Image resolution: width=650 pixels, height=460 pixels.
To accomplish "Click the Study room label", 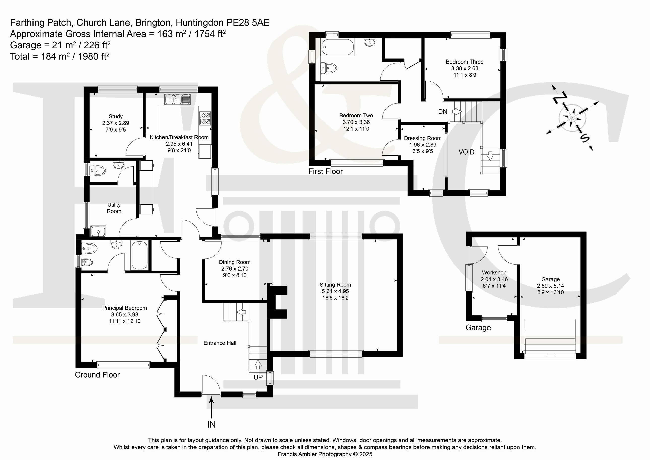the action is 115,116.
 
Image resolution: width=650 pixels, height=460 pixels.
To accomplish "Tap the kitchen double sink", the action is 178,99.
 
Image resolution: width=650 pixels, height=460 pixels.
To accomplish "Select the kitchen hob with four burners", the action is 205,118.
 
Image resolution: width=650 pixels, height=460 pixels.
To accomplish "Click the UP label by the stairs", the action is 258,377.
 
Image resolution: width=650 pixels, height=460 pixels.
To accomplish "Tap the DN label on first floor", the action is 443,112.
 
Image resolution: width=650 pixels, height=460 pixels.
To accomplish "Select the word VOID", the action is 466,152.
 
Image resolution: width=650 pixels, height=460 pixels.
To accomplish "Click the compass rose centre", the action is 572,117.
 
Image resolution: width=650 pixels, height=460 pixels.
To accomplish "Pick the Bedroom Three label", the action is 465,62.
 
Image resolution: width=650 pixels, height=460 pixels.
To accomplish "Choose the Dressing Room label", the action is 423,138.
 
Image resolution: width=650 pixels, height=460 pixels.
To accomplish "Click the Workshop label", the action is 494,272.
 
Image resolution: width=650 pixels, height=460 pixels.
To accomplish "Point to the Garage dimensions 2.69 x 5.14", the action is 550,286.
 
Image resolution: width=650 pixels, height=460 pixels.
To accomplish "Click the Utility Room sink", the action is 99,231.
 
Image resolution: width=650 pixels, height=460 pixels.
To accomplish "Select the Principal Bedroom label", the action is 124,308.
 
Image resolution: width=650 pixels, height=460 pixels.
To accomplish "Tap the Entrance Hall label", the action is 220,343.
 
